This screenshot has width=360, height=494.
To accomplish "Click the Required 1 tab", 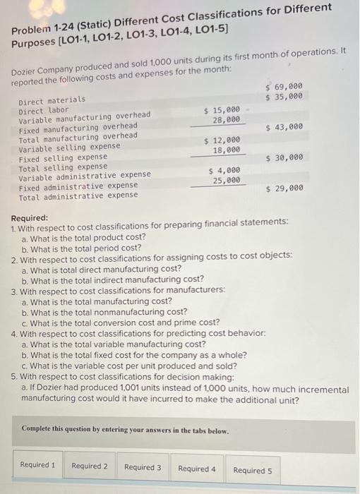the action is [x=37, y=466].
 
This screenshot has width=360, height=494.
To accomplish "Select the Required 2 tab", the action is [x=90, y=466].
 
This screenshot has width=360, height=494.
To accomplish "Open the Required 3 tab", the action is [x=143, y=467].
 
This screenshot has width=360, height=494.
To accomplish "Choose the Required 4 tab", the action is [x=197, y=469].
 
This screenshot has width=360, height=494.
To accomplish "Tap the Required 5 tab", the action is [x=253, y=470].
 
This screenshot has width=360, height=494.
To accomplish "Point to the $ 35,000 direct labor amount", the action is [x=284, y=96].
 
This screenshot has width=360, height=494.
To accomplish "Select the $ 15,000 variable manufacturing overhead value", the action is [x=222, y=110].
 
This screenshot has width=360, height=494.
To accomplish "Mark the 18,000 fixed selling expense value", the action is [x=226, y=150].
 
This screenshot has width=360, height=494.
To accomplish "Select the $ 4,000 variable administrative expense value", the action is [x=224, y=171].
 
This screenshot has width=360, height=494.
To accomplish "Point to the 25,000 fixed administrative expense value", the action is [x=226, y=181].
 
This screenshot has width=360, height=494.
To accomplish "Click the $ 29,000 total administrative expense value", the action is [x=284, y=188].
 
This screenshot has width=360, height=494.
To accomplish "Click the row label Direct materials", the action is [x=52, y=101].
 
